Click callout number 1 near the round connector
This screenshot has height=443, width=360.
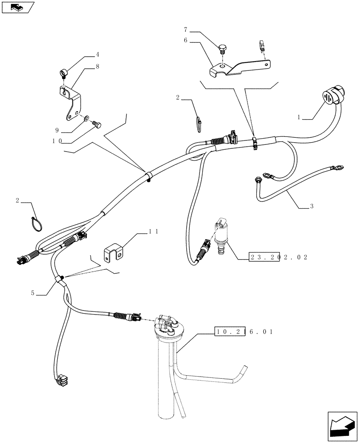pyautogui.click(x=299, y=118)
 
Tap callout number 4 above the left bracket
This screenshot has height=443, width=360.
pyautogui.click(x=97, y=55)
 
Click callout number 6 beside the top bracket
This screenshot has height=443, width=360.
pyautogui.click(x=185, y=40)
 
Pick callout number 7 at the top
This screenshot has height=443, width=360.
pyautogui.click(x=185, y=29)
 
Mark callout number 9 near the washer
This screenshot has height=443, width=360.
pyautogui.click(x=57, y=130)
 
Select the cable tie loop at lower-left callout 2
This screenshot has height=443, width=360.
pyautogui.click(x=36, y=222)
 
